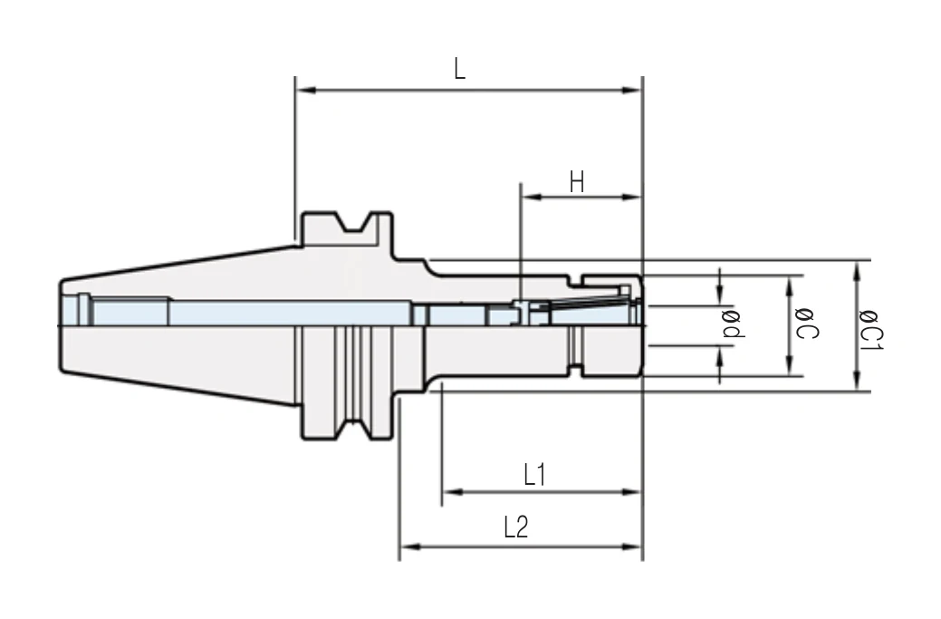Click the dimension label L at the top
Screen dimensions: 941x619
pyautogui.click(x=460, y=69)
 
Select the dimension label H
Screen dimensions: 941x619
pyautogui.click(x=577, y=181)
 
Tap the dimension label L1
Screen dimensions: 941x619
pyautogui.click(x=534, y=474)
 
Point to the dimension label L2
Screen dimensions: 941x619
pyautogui.click(x=515, y=527)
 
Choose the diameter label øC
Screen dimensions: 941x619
pyautogui.click(x=805, y=324)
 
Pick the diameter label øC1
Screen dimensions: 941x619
pyautogui.click(x=870, y=331)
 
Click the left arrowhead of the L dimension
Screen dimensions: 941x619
pyautogui.click(x=306, y=90)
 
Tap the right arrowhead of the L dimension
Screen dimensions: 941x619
pyautogui.click(x=631, y=90)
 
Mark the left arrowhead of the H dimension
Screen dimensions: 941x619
pyautogui.click(x=532, y=197)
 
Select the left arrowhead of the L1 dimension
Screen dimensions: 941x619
pyautogui.click(x=453, y=492)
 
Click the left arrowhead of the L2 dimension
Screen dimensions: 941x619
pyautogui.click(x=410, y=546)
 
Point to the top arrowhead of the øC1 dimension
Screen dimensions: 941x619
pyautogui.click(x=857, y=271)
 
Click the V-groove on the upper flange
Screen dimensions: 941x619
pyautogui.click(x=354, y=222)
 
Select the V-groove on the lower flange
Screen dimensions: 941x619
pyautogui.click(x=354, y=429)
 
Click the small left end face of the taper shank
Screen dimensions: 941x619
pyautogui.click(x=61, y=324)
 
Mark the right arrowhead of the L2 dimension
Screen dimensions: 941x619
pyautogui.click(x=631, y=546)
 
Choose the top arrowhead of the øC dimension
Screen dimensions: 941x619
pyautogui.click(x=790, y=286)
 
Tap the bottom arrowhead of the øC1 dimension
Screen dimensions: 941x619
pyautogui.click(x=857, y=381)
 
